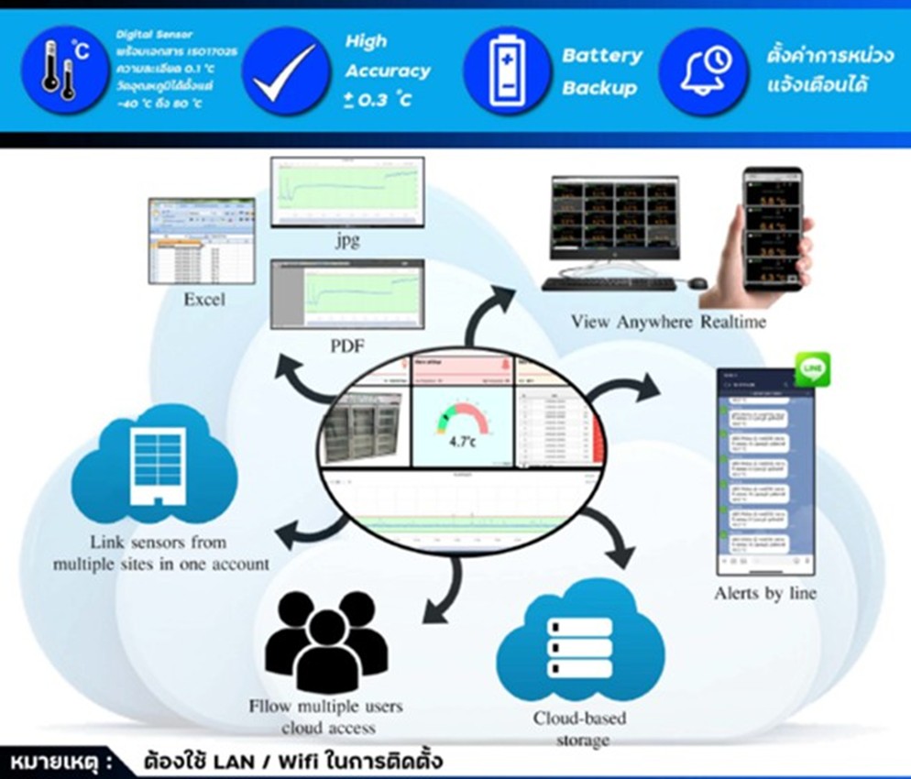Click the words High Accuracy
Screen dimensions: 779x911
[x=387, y=56]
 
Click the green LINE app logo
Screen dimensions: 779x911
[x=812, y=368]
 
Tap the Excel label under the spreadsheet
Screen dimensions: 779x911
[x=203, y=299]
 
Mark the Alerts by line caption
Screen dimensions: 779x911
[x=765, y=594]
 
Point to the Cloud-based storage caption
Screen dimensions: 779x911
[x=580, y=728]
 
